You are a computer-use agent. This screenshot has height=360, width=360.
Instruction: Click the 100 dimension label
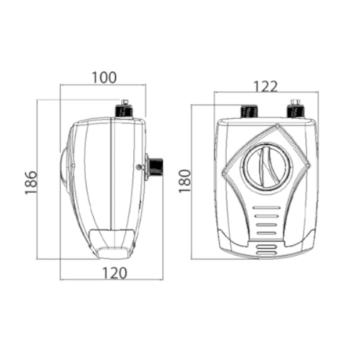click(x=104, y=77)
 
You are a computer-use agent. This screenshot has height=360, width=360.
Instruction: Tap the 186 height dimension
click(x=31, y=182)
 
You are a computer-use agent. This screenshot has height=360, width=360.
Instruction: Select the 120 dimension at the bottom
click(x=114, y=273)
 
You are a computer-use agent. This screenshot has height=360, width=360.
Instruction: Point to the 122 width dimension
click(x=265, y=87)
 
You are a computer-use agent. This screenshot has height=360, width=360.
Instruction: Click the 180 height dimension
click(x=185, y=181)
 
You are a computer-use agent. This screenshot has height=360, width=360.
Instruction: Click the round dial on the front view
click(x=267, y=166)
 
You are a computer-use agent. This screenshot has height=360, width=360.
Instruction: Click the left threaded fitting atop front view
click(x=249, y=112)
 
